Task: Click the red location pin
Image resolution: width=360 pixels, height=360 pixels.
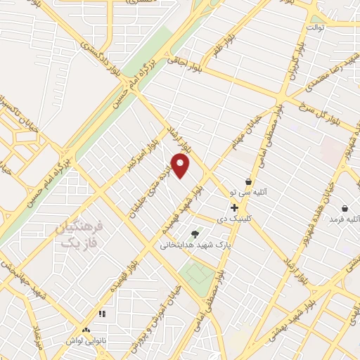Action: coord(181,166)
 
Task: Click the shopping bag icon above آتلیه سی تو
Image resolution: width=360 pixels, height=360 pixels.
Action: coord(248,181)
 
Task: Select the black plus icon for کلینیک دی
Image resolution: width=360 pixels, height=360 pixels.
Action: coord(234,207)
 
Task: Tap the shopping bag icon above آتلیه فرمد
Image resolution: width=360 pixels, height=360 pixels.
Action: coord(345,208)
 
